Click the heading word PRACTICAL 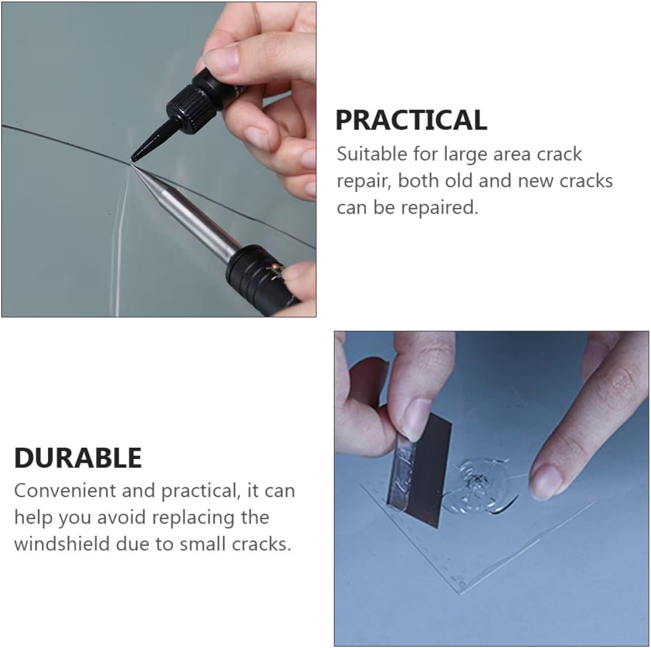pos(411,120)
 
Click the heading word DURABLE pos(78,458)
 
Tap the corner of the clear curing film pos(461,592)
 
